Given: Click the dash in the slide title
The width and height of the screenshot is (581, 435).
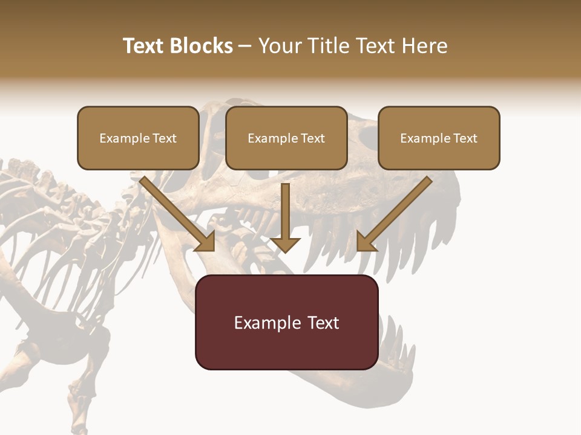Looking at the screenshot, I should (246, 46).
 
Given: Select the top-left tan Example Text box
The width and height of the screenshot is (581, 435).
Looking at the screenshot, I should (138, 138).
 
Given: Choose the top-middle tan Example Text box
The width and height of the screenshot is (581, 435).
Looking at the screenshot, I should (286, 138).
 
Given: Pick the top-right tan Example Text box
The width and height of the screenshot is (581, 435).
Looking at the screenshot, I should (439, 138).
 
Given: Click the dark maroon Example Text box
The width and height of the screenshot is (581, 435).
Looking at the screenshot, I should (286, 322).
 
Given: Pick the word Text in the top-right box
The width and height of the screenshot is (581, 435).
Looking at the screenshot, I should (465, 138).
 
